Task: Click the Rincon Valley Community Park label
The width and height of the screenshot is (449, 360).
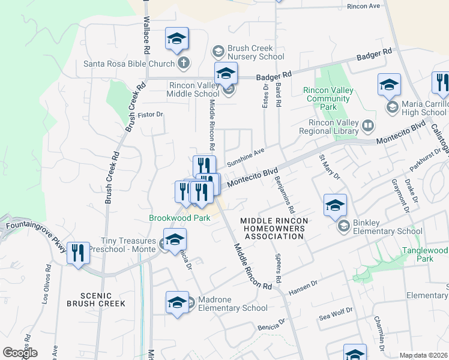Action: click(x=328, y=98)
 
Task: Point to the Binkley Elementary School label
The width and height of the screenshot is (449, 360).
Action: click(x=388, y=226)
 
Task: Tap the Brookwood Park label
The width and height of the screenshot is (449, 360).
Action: click(x=179, y=218)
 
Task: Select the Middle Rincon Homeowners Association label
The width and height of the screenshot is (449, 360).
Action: click(x=274, y=229)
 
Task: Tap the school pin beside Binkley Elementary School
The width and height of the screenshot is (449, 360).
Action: click(x=335, y=205)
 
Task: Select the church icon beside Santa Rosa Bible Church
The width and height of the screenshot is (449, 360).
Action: click(x=184, y=63)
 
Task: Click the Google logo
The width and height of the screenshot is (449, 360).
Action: click(x=20, y=353)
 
